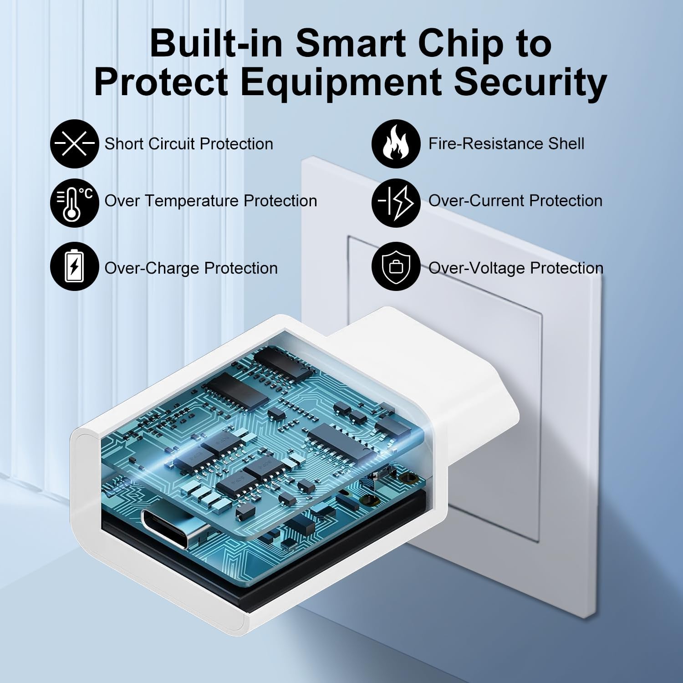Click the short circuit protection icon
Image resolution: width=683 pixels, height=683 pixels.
tap(74, 144)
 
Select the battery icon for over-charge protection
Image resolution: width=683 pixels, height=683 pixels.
tap(74, 266)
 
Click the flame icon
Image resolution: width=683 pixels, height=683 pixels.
tap(396, 144)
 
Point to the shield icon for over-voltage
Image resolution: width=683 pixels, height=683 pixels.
tap(396, 266)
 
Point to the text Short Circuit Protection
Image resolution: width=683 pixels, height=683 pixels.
tap(189, 144)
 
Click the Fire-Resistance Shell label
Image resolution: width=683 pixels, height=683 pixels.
tap(506, 144)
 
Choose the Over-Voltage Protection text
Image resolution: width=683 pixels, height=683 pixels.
tap(516, 268)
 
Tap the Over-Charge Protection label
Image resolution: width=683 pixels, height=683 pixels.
tap(191, 268)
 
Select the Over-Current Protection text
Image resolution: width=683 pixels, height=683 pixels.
tap(515, 201)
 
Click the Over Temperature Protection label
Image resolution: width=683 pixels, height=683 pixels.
tap(211, 201)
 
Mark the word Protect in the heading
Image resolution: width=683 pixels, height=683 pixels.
tap(161, 82)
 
